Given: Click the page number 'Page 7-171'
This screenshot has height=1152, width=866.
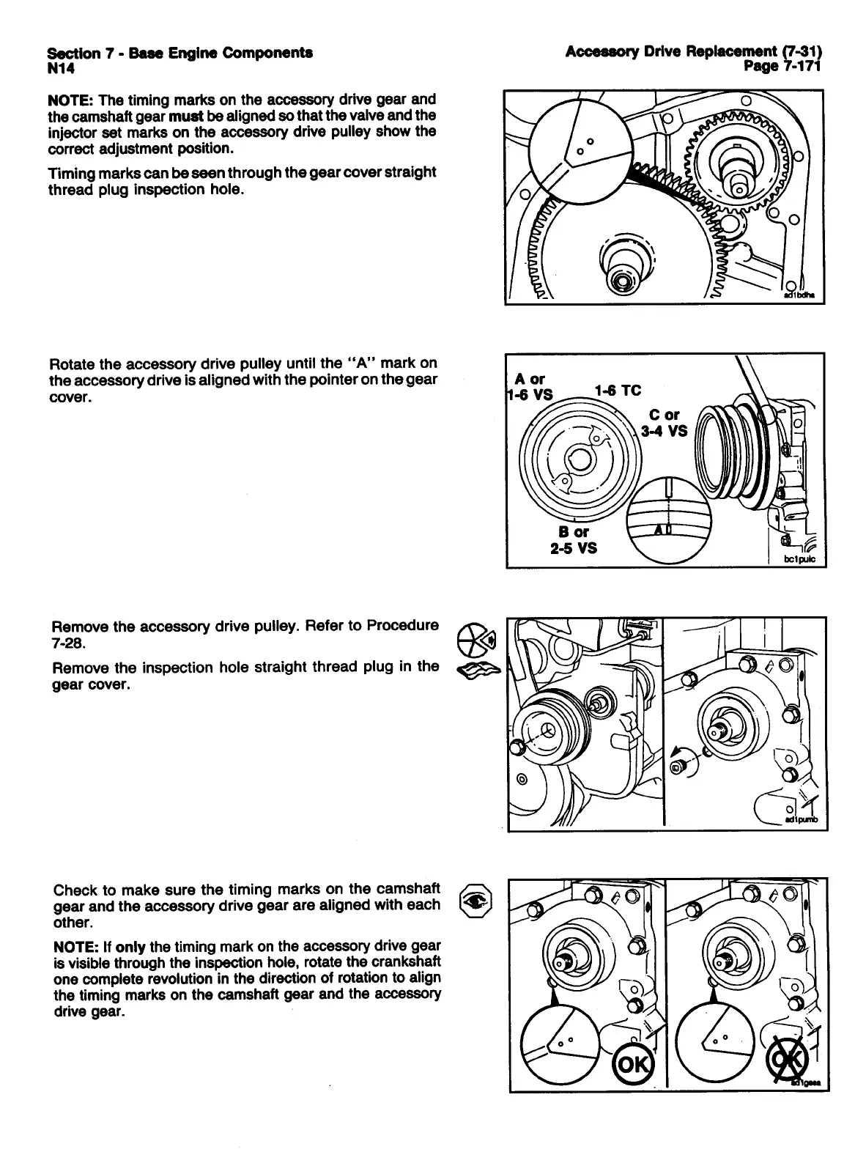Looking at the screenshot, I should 783,67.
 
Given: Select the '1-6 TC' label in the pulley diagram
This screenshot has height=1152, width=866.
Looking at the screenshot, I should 618,391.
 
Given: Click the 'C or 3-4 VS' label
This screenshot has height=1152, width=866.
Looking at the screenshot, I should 665,423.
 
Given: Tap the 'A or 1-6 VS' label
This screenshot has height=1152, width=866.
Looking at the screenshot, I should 531,386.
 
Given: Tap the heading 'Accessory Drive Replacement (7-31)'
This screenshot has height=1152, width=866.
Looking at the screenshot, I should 694,51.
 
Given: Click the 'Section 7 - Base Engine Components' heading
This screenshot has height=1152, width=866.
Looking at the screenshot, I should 180,53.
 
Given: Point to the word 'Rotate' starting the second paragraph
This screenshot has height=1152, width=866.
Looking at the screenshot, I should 72,364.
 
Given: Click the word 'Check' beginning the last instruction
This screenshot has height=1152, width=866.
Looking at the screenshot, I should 75,890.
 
